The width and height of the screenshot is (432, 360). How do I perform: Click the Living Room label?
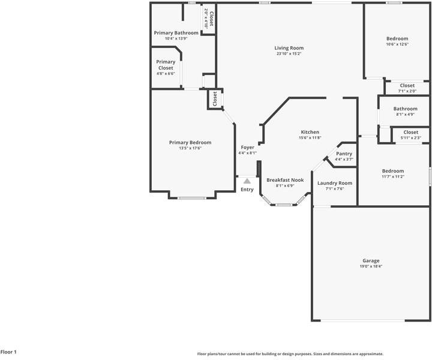pos(289,48)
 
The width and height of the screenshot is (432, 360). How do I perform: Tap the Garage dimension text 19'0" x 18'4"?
pos(371,266)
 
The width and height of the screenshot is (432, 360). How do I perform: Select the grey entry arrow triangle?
pos(247,181)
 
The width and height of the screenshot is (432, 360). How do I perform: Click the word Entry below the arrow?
pos(247,190)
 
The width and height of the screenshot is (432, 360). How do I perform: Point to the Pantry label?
pos(344,154)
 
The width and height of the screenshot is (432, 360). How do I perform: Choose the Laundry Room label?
pos(334,183)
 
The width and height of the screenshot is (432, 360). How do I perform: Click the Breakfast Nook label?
pos(285,180)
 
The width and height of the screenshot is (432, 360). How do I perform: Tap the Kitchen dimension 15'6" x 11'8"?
pos(310,138)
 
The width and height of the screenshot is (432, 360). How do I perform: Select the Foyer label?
pos(248,148)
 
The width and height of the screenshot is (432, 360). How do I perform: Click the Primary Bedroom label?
pos(190,142)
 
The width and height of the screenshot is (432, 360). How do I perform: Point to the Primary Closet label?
pos(166,65)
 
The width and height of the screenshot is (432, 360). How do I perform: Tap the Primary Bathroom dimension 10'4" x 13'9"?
pos(176,38)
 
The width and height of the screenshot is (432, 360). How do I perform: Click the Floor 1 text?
pos(8,352)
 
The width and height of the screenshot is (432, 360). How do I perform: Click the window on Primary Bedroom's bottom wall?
pos(192,198)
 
